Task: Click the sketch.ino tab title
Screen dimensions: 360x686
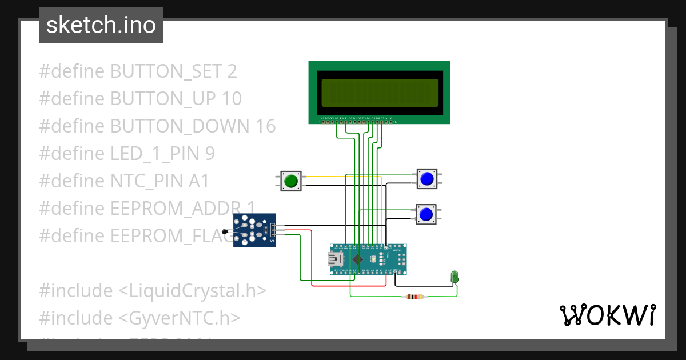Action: tap(101, 25)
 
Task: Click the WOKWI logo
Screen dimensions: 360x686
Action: tap(607, 315)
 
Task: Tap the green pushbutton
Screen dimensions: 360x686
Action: tap(291, 181)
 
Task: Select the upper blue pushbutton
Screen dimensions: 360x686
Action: tap(426, 179)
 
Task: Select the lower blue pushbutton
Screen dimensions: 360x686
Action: tap(426, 214)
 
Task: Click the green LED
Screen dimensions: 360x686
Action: tap(456, 277)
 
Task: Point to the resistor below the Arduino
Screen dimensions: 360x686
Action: tap(415, 297)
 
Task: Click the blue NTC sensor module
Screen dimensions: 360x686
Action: tap(254, 230)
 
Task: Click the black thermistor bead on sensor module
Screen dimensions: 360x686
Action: tap(225, 231)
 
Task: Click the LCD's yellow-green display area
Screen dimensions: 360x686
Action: tap(380, 93)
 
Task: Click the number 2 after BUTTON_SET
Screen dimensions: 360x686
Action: tap(232, 71)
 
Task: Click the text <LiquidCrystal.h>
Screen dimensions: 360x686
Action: tap(192, 291)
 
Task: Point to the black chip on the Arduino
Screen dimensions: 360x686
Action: tap(357, 259)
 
